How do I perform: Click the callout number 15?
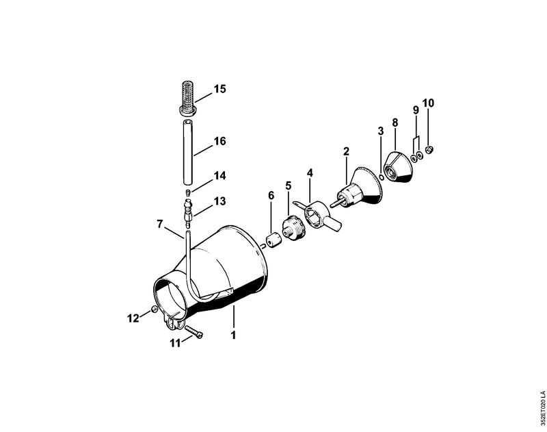pyautogui.click(x=219, y=89)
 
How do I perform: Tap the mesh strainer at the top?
pyautogui.click(x=189, y=98)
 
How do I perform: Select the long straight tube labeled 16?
pyautogui.click(x=188, y=152)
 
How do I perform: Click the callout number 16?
pyautogui.click(x=219, y=141)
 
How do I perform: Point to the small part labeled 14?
pyautogui.click(x=187, y=192)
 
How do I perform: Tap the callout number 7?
pyautogui.click(x=160, y=224)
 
